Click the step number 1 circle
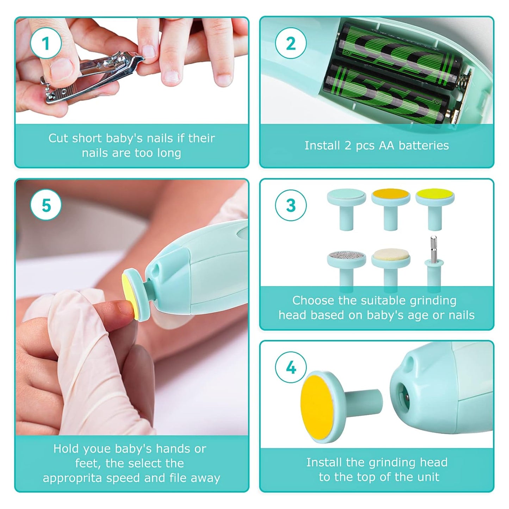click(46, 44)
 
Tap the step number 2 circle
click(291, 44)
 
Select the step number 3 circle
click(291, 205)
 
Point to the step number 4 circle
click(291, 367)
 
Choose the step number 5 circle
click(46, 205)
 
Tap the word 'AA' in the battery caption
click(386, 145)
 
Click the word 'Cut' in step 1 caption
click(58, 138)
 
